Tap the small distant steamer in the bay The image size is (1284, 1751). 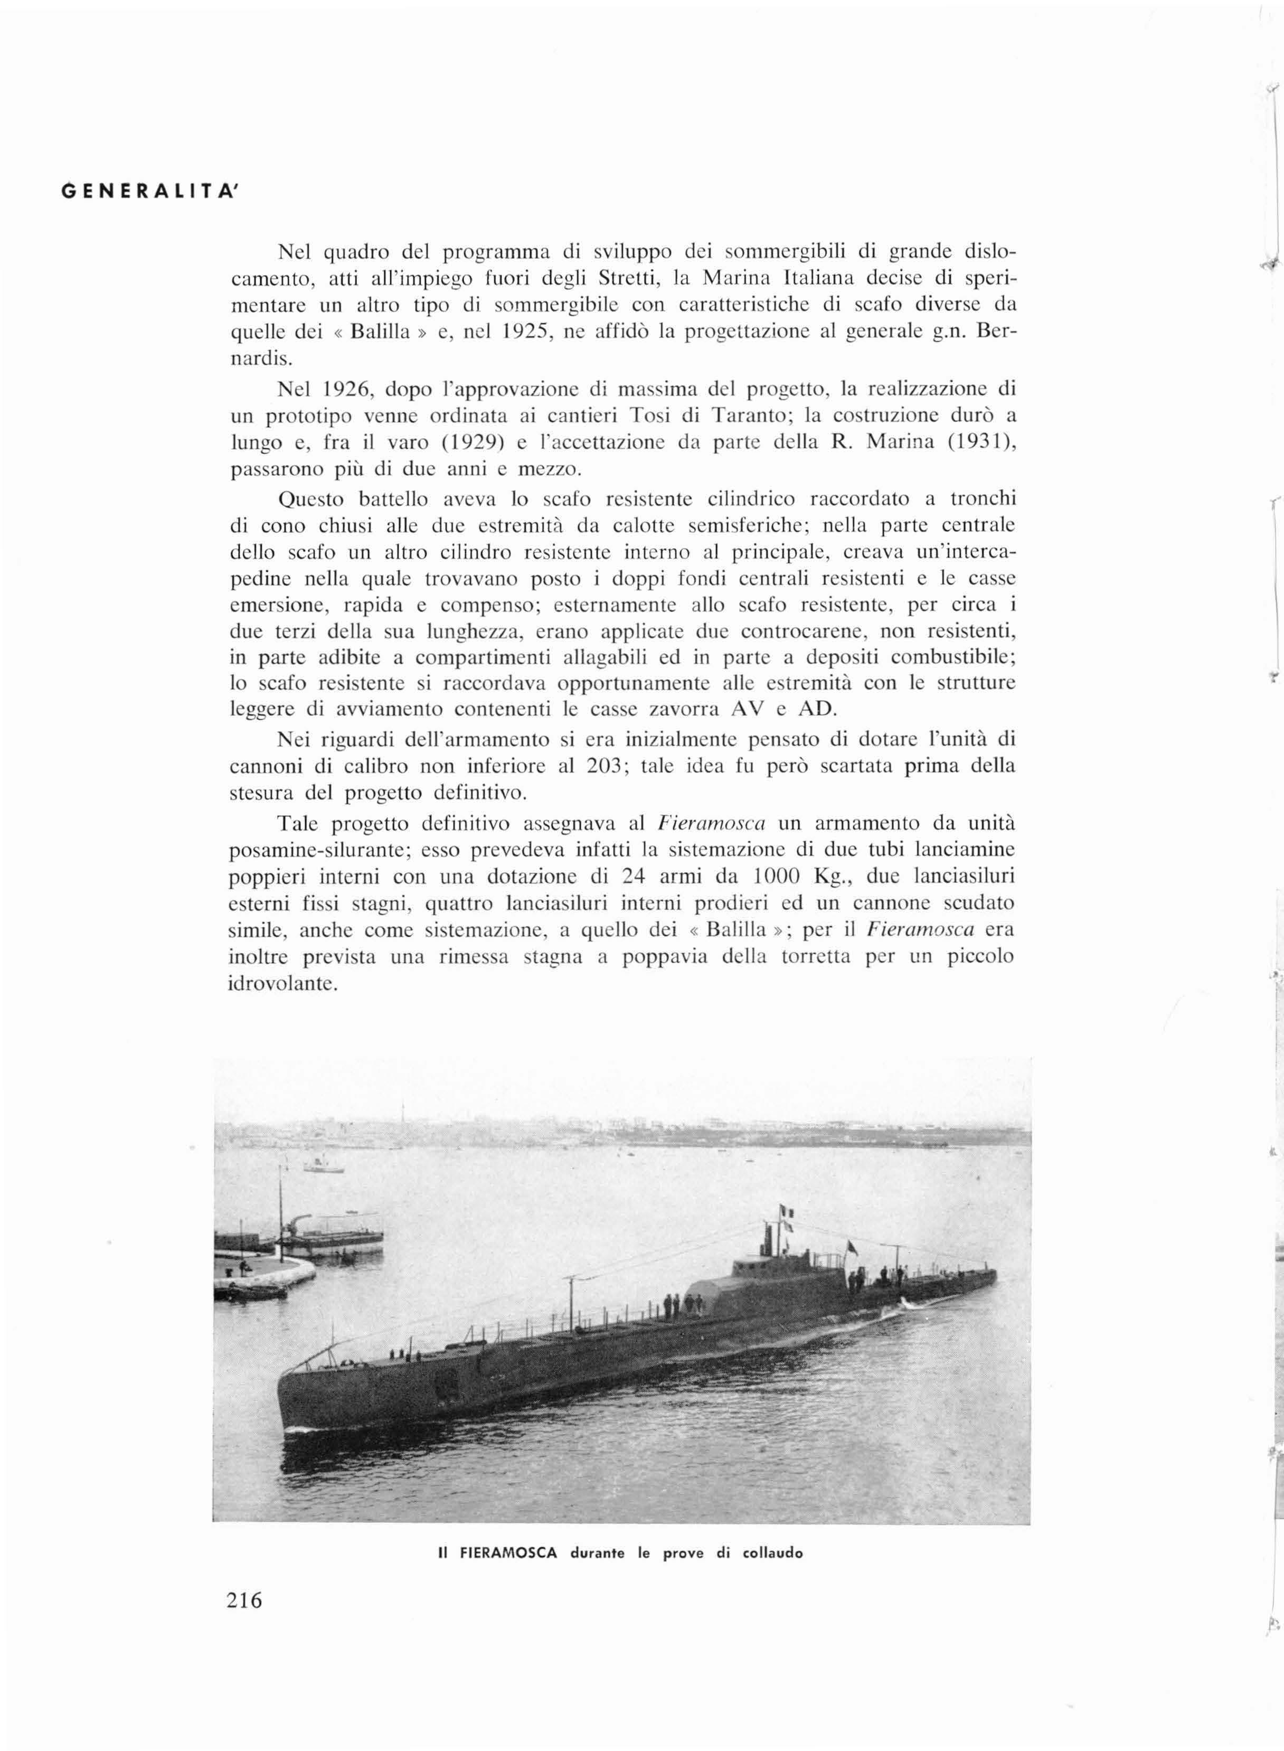coord(323,1166)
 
